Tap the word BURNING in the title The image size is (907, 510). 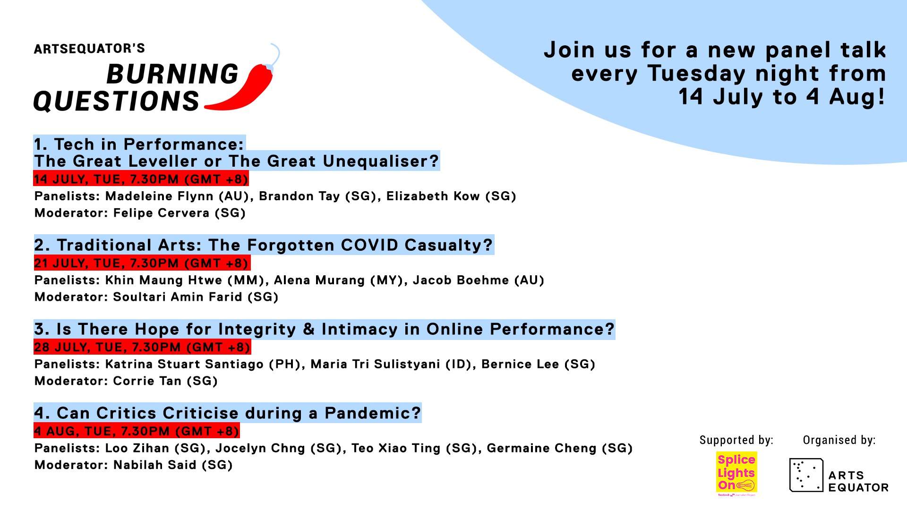(x=172, y=74)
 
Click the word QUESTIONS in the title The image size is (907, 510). (x=117, y=101)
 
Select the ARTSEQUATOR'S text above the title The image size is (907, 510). (x=89, y=49)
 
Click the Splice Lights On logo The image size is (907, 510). (x=736, y=474)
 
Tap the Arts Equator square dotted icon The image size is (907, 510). (x=806, y=475)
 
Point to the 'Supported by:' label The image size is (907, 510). (x=736, y=440)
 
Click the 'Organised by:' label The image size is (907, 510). (x=839, y=440)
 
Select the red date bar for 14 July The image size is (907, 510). (x=141, y=179)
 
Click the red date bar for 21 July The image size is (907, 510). (x=142, y=263)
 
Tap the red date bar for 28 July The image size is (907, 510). (x=142, y=347)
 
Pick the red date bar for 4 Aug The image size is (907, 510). (x=137, y=431)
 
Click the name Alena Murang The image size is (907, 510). (x=319, y=280)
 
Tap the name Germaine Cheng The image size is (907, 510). (x=542, y=448)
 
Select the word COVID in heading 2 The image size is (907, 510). (x=370, y=245)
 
